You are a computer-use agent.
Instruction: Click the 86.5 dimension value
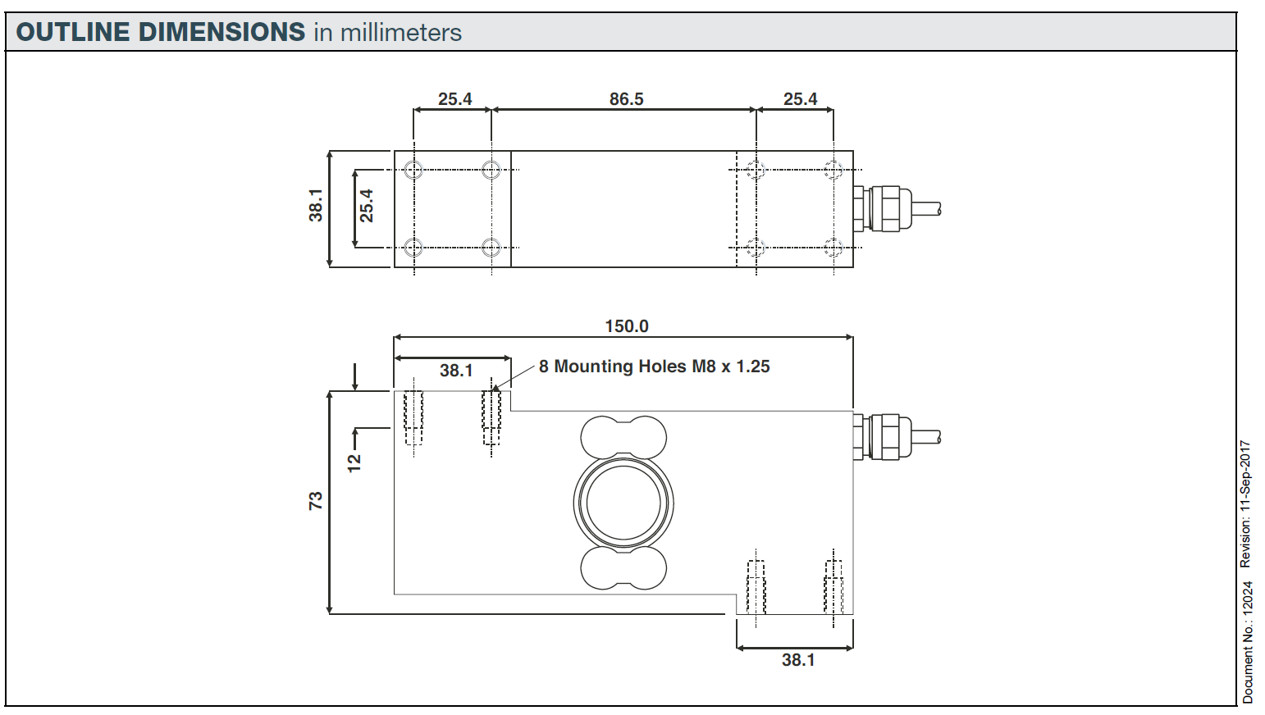tap(626, 99)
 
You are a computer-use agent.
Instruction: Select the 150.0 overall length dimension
tap(626, 326)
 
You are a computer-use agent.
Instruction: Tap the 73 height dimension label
tap(316, 501)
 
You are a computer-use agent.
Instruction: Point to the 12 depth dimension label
tap(354, 462)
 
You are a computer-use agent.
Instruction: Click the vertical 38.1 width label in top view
tap(316, 205)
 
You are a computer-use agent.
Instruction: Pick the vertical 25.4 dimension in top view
tap(366, 206)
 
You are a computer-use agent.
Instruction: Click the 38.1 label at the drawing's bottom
tap(797, 660)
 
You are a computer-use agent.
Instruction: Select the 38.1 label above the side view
tap(456, 371)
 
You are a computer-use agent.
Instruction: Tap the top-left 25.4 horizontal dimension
tap(454, 99)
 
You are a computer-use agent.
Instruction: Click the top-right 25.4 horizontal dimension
tap(800, 99)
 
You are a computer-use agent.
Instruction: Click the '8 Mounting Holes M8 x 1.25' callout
tap(654, 367)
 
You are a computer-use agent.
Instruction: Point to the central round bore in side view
tap(623, 502)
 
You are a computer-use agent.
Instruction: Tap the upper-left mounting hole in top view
tap(413, 171)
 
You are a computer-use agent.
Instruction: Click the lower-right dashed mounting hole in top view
tap(833, 247)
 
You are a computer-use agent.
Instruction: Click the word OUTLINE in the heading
tap(74, 33)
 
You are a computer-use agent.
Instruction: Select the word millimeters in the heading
tap(400, 33)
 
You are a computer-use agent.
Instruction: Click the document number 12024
tap(1248, 599)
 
